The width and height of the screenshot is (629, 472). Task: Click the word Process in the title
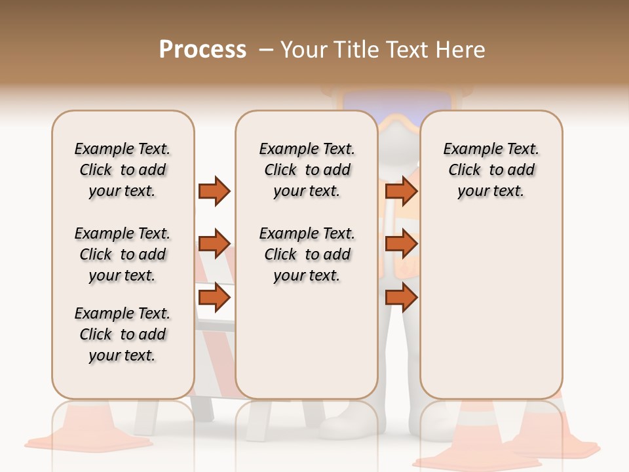pos(202,50)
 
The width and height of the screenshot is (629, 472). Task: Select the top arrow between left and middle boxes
pos(214,191)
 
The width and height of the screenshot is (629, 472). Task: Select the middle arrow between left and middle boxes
pos(214,244)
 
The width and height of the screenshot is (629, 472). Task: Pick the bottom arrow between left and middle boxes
pos(214,298)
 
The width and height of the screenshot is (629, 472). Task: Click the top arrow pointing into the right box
pos(401,191)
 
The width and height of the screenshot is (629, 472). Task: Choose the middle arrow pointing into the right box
pos(401,244)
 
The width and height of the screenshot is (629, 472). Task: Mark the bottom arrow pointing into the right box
pos(401,298)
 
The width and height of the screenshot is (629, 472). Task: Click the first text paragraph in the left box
pos(123,170)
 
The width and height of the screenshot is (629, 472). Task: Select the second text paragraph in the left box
pos(123,254)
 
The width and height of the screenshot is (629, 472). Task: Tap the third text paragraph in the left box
pos(123,334)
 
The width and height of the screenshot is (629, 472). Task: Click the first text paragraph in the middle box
pos(307,170)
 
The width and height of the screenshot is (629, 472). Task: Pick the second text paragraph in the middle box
pos(307,254)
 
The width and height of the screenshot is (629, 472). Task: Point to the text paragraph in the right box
pos(491,170)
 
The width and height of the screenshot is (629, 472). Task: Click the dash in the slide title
pos(266,50)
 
